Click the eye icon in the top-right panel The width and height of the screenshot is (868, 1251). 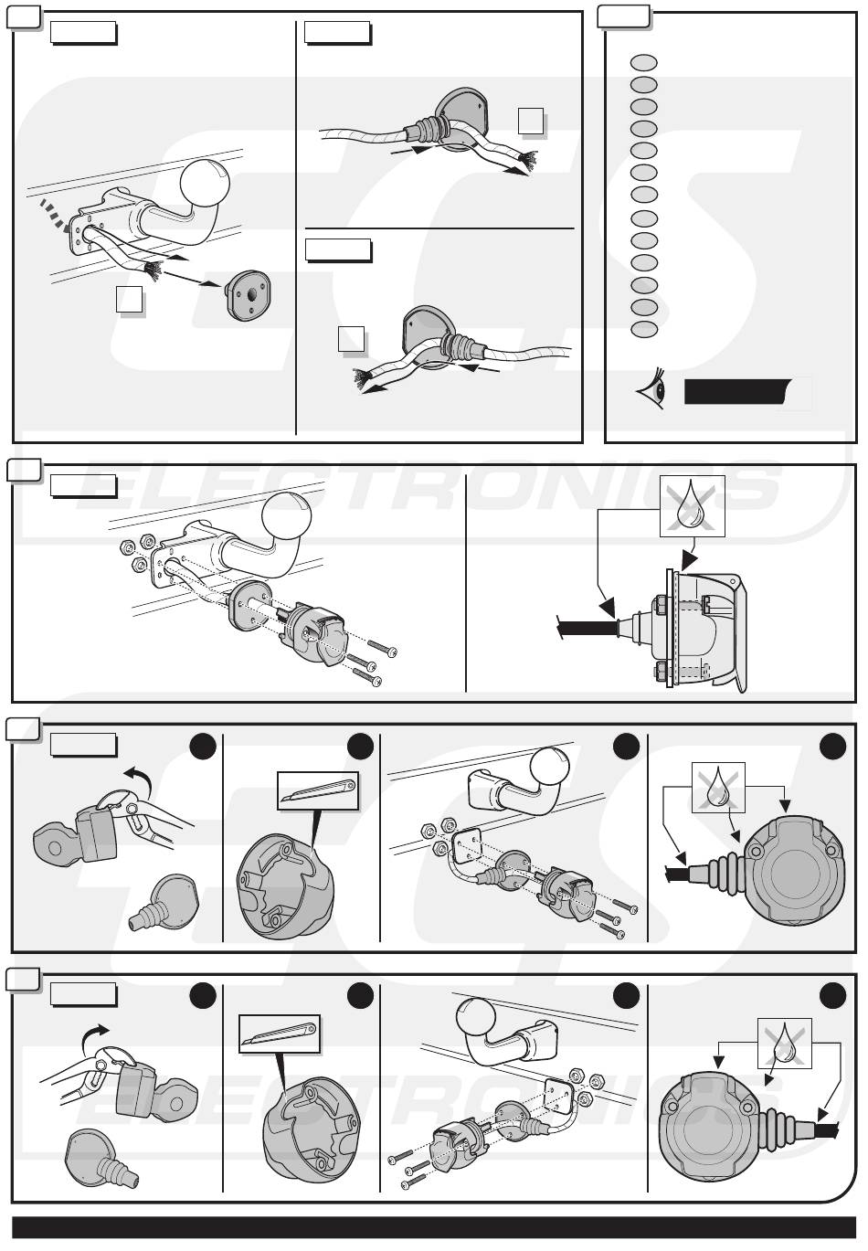[x=652, y=391]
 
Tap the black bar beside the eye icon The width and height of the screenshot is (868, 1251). [x=736, y=391]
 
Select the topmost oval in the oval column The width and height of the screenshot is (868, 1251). [x=644, y=62]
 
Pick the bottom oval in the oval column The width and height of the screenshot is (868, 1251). [x=644, y=329]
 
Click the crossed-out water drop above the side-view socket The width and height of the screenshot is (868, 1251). [x=693, y=505]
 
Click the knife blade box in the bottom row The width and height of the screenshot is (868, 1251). [x=280, y=1034]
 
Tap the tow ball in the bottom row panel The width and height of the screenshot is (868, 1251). [x=477, y=1021]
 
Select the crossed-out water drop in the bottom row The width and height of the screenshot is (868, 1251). [x=785, y=1043]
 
